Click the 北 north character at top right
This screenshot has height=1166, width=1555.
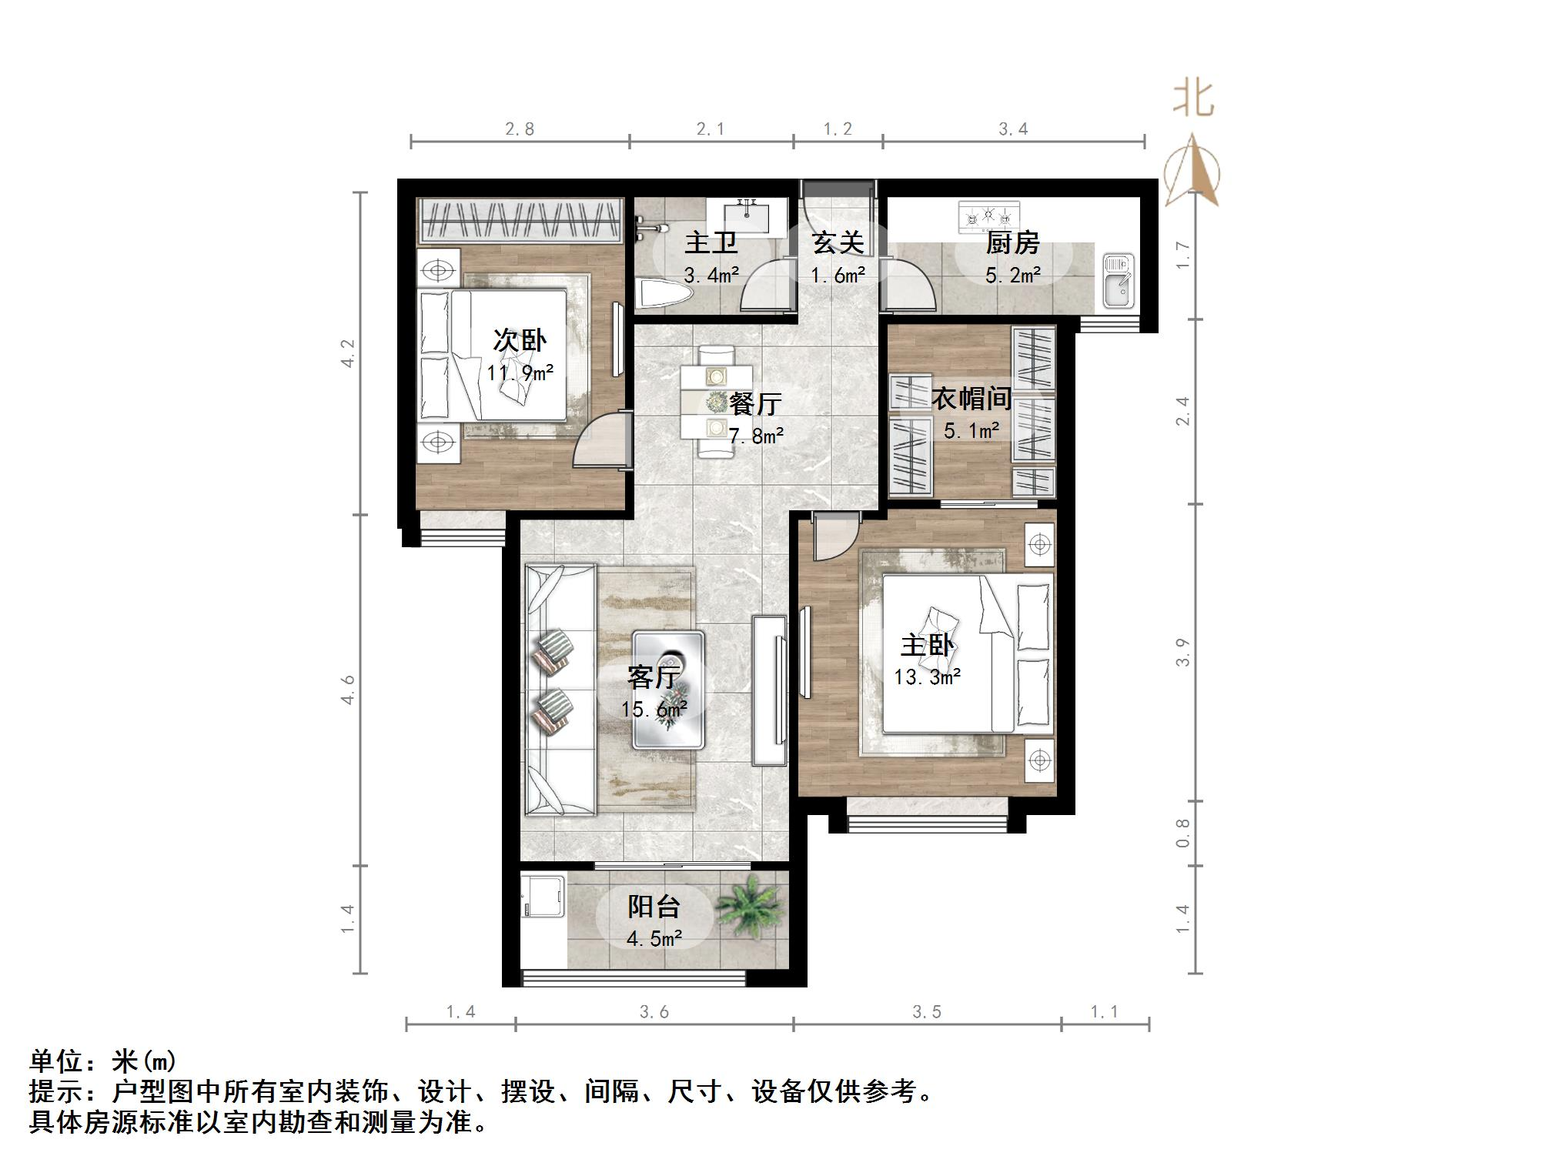point(1194,99)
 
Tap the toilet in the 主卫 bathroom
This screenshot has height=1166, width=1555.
point(664,294)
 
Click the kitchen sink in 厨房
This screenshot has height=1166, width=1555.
point(1118,280)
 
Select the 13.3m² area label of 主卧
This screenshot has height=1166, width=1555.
point(927,677)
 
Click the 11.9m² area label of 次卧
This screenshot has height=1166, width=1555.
point(520,373)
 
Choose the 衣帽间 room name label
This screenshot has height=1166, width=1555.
point(971,399)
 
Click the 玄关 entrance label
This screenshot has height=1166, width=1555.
point(838,243)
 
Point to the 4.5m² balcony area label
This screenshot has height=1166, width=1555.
point(654,938)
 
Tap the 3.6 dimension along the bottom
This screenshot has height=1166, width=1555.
point(654,1011)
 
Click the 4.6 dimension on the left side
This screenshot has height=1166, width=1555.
point(348,689)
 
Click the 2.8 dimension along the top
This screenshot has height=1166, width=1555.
point(520,129)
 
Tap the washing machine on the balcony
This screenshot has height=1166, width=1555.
point(543,896)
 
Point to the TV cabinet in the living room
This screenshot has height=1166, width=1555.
point(770,689)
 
